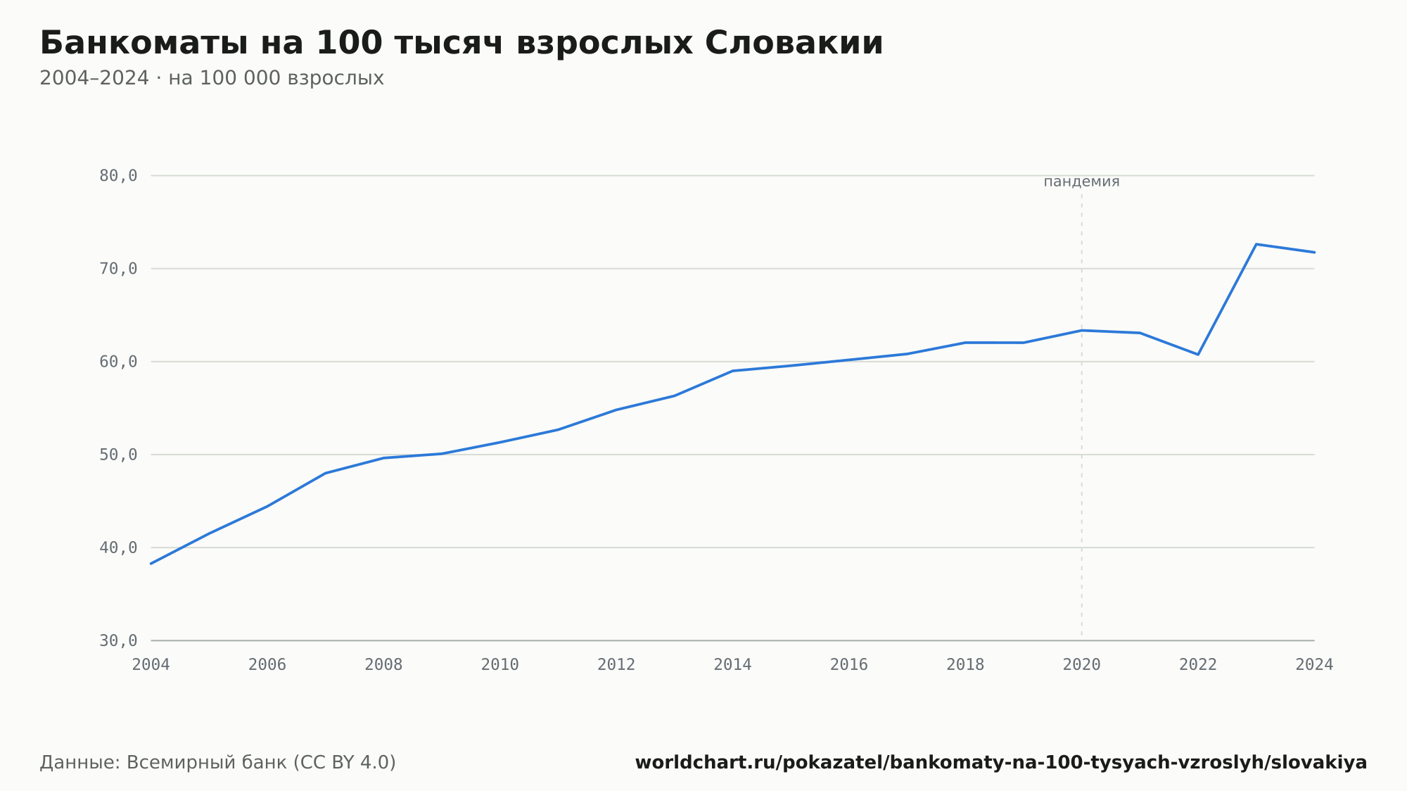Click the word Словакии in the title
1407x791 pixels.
794,43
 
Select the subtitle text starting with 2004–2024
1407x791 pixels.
212,78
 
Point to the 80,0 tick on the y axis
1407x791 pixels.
118,176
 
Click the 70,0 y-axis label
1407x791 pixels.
118,269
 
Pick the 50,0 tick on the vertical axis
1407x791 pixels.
118,455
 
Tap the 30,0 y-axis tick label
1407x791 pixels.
118,640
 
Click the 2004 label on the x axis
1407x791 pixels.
151,665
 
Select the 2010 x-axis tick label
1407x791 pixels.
500,665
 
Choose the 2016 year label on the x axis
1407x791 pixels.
849,665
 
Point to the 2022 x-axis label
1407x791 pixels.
1198,665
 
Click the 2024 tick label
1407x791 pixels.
1314,665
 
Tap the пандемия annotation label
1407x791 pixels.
1081,182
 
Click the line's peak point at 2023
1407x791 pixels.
1256,244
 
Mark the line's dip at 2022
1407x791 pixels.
1198,354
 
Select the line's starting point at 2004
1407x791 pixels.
151,563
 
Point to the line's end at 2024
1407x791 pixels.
1314,252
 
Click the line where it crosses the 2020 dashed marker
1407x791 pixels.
1082,331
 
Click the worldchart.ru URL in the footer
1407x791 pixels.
1001,763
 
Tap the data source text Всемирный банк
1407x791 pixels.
207,763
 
